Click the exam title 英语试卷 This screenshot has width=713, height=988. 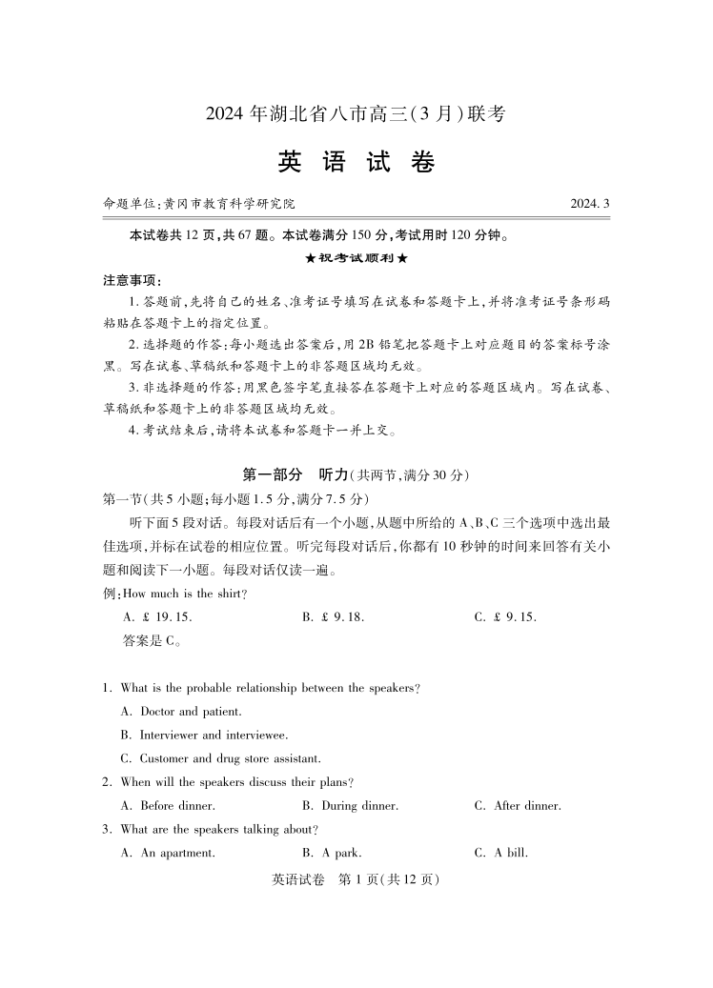coord(356,163)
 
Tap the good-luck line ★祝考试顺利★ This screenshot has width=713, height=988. coord(356,258)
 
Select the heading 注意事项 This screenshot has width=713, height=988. coord(132,280)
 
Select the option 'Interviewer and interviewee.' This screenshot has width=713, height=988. coord(204,735)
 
